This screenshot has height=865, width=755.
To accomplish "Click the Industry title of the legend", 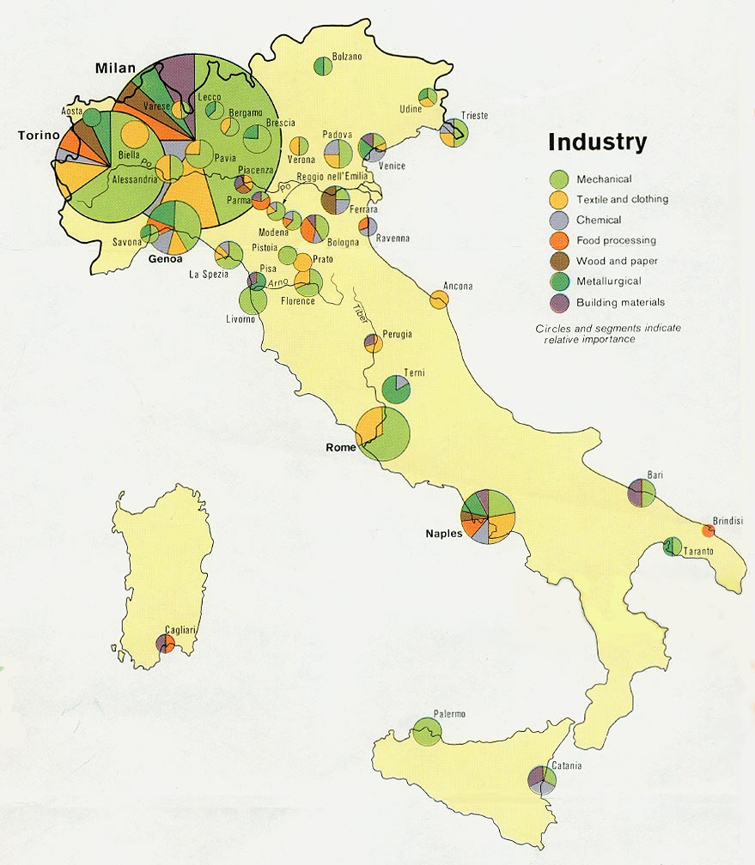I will pyautogui.click(x=598, y=142).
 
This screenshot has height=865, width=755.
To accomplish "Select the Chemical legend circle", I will pyautogui.click(x=559, y=221).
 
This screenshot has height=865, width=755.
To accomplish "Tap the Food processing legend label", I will pyautogui.click(x=616, y=241).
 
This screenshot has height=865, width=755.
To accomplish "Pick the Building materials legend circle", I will pyautogui.click(x=559, y=302).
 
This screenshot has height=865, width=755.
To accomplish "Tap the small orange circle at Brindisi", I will pyautogui.click(x=709, y=530).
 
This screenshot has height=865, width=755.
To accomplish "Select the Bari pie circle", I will pyautogui.click(x=642, y=493).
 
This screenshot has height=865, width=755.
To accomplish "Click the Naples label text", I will pyautogui.click(x=444, y=534).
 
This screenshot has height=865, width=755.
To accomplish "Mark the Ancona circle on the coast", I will pyautogui.click(x=439, y=299).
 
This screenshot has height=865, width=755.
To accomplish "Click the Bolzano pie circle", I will pyautogui.click(x=322, y=65).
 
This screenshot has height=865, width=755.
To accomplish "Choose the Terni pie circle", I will pyautogui.click(x=396, y=389).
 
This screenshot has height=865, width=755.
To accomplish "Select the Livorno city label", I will pyautogui.click(x=241, y=320).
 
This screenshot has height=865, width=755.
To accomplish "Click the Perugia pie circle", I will pyautogui.click(x=373, y=343).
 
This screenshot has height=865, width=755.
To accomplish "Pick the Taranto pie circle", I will pyautogui.click(x=673, y=546).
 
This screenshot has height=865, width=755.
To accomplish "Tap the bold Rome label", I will pyautogui.click(x=340, y=448).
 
